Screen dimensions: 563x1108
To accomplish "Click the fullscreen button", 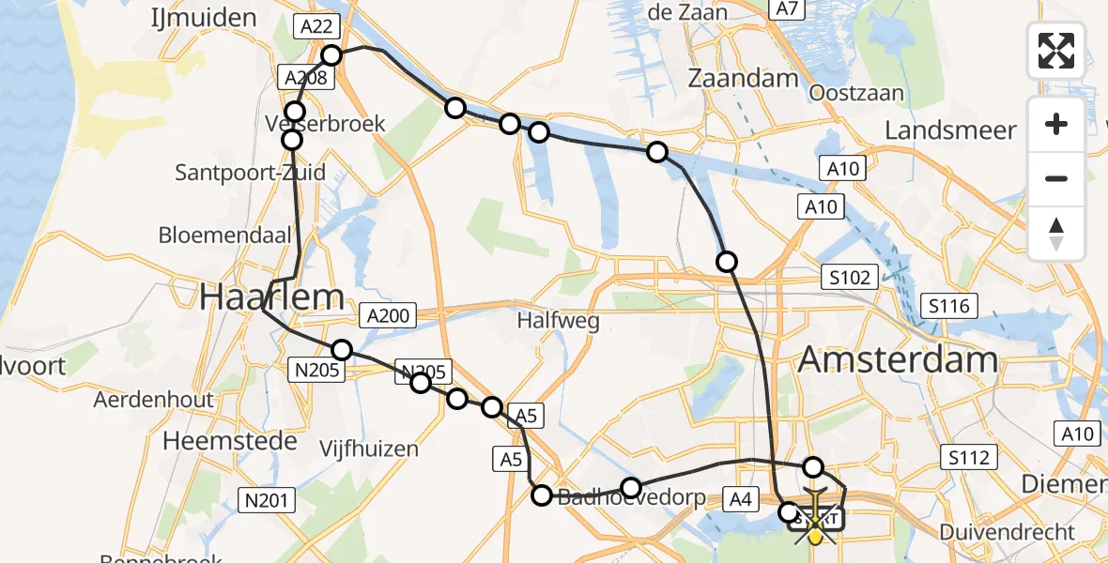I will coord(1056,50).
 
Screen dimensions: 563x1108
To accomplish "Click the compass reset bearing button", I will coord(1056,234).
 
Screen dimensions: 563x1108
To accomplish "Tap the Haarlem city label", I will coord(271,297).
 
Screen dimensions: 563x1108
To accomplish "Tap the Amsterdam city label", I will coord(899,359).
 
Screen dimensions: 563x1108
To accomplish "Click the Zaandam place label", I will coord(743,79).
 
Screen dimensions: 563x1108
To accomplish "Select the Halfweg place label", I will coord(559,321).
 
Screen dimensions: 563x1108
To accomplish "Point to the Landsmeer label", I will coord(950,129).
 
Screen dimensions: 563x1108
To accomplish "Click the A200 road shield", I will coord(389,316).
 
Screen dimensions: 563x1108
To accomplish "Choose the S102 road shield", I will coord(850,278).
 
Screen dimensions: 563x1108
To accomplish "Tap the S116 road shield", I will coord(949,305).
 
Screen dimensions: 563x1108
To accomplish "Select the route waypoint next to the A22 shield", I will coord(331,55).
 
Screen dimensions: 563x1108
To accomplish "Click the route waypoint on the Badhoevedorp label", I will coord(631,488).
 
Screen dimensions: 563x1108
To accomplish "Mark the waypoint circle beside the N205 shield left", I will coord(342,350).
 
